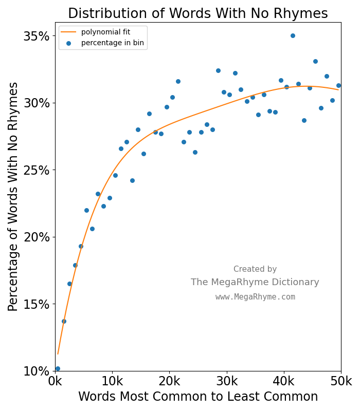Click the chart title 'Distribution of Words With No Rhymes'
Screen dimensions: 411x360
198,13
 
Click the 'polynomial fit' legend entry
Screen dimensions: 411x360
105,32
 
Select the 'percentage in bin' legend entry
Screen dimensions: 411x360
110,43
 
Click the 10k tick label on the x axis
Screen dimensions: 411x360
112,381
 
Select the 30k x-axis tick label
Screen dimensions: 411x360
226,381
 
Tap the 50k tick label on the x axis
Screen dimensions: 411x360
340,381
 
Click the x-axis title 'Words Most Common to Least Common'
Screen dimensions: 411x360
198,397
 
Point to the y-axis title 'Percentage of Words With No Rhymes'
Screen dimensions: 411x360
13,196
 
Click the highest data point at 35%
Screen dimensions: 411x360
293,35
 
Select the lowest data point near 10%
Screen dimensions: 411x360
58,368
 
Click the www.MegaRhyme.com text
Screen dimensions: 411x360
255,297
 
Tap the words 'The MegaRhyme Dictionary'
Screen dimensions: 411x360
255,282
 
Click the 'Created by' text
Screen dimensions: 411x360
255,269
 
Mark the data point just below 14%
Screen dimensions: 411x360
64,321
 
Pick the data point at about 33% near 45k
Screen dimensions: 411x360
315,61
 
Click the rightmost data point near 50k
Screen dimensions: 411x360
338,85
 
